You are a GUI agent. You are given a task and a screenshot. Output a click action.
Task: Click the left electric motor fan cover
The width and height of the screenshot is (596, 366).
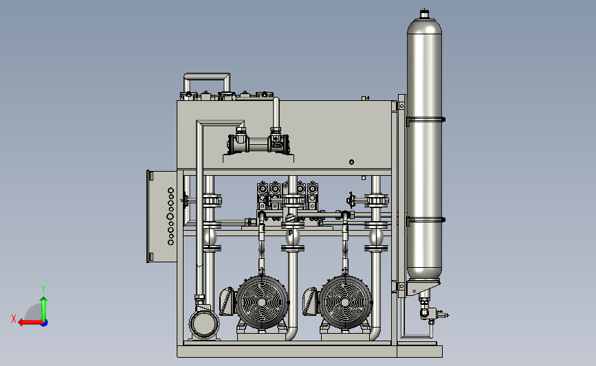pos(261,302)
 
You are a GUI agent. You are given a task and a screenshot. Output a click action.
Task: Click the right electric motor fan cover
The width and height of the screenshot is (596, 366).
pos(345,302)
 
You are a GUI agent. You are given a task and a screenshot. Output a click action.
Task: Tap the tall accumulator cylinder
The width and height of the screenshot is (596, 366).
pos(424,152)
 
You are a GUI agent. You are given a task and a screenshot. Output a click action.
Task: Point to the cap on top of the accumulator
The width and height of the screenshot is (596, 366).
pos(424,14)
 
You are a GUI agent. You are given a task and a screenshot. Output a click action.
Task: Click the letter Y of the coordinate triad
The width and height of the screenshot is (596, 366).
pos(43,289)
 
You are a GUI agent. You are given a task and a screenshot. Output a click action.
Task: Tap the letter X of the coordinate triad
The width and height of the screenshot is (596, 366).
pos(14,319)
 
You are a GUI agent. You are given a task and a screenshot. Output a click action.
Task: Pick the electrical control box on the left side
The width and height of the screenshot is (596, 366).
pos(162,216)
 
